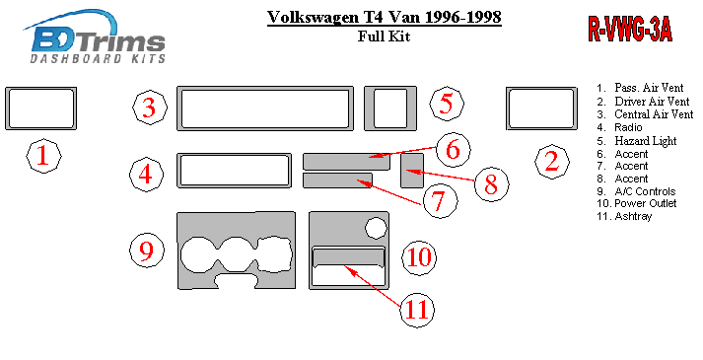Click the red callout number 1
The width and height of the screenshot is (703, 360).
43,156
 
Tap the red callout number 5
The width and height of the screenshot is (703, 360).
447,104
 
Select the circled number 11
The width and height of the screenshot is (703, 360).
417,310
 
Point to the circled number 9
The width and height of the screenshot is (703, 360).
147,251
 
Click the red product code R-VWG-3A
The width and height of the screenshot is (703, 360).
630,30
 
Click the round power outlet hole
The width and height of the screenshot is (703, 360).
376,227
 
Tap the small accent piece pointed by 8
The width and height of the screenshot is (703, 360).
412,171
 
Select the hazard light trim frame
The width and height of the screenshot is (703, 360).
369,108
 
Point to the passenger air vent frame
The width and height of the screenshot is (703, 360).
8,108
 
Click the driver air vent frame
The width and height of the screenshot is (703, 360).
509,108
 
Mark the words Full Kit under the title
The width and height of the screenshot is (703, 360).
384,36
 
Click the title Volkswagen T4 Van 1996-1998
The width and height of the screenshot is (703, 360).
385,17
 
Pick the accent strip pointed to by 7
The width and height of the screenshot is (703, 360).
337,180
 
